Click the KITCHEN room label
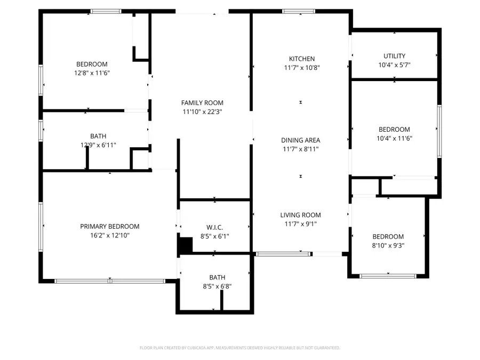302,59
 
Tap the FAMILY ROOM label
202,103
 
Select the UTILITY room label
394,56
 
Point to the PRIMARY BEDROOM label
109,226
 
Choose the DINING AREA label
300,140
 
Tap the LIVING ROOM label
300,215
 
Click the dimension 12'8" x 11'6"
92,73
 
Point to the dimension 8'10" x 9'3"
388,245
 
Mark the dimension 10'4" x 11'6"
394,138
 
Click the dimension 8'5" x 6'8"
217,286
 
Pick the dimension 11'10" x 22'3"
202,112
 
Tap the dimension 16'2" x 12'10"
109,235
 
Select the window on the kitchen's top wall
299,11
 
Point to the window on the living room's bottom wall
283,254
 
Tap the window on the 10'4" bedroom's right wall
439,131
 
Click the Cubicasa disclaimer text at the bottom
240,348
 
